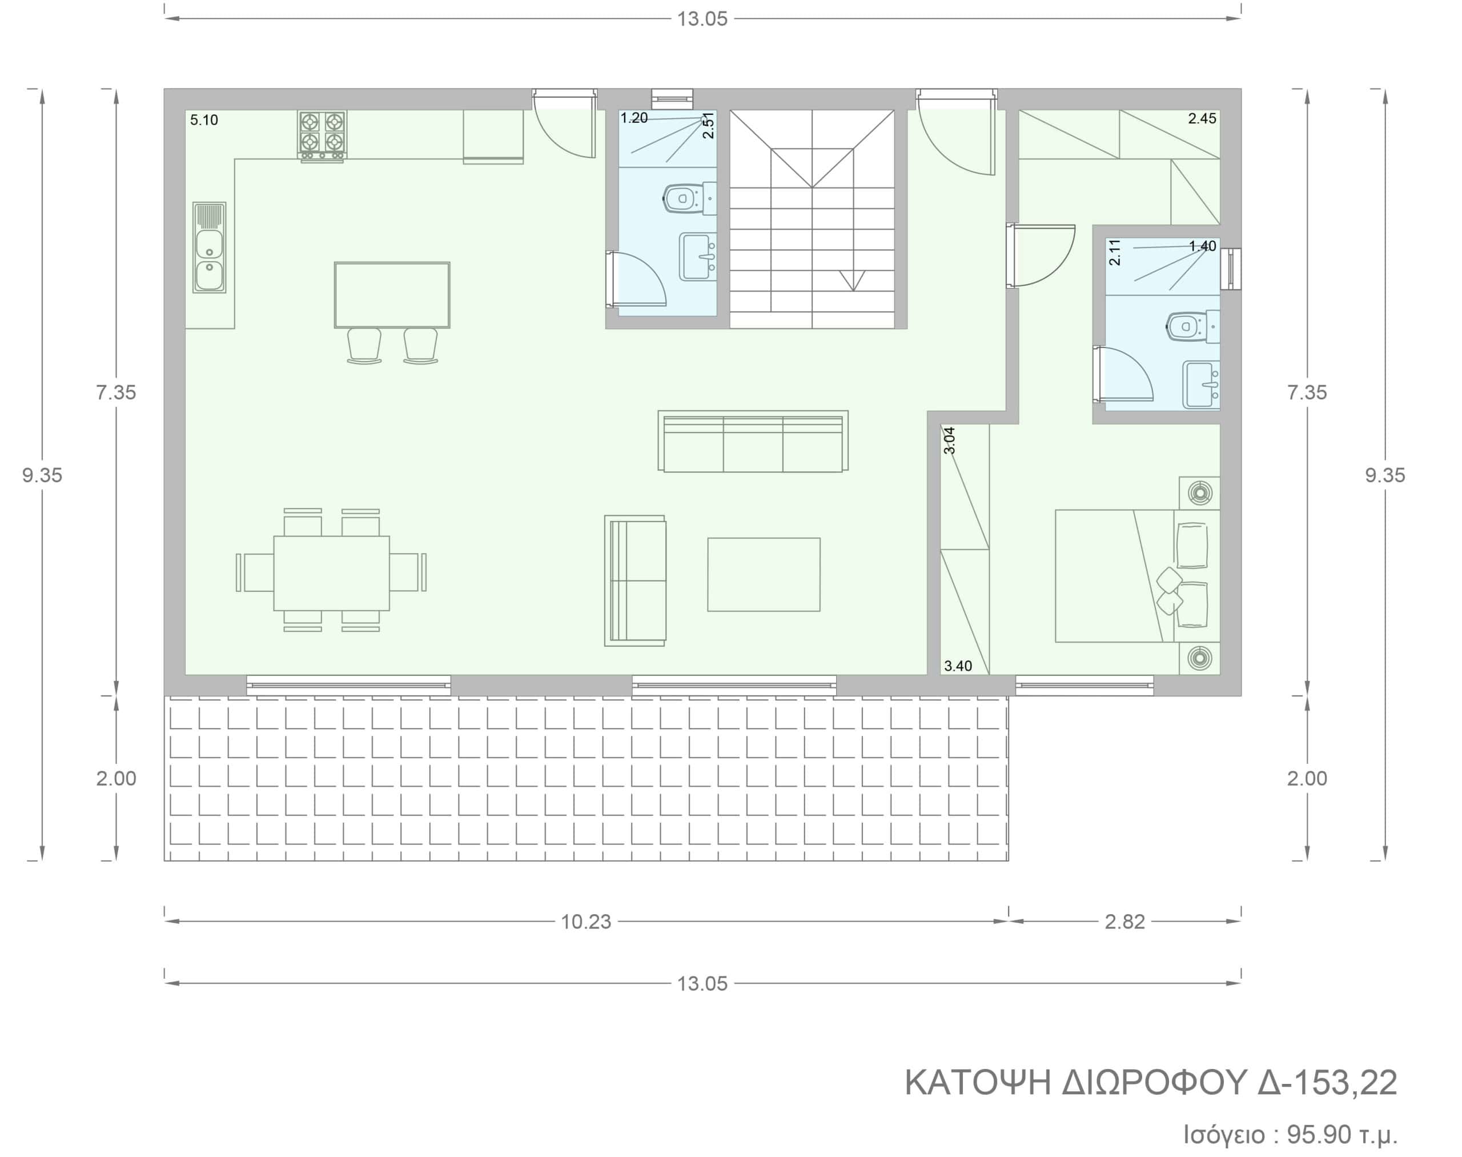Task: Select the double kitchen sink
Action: (x=209, y=247)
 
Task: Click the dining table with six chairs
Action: (x=331, y=570)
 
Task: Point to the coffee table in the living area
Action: (x=764, y=574)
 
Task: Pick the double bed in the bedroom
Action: (x=1138, y=576)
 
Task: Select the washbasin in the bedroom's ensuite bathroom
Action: (x=1201, y=385)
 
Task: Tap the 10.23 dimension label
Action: (x=586, y=922)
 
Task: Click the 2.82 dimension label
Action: (x=1125, y=922)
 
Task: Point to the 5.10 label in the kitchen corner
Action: (x=204, y=120)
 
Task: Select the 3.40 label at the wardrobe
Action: (x=958, y=666)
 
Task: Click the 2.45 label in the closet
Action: (x=1202, y=118)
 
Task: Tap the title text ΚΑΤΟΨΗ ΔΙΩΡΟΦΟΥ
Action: (x=1075, y=1083)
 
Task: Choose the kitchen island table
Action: (x=392, y=295)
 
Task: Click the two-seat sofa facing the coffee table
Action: (x=635, y=580)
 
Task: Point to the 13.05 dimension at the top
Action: (x=702, y=19)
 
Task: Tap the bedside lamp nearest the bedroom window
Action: (x=1200, y=657)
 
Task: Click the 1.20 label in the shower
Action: (x=634, y=118)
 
